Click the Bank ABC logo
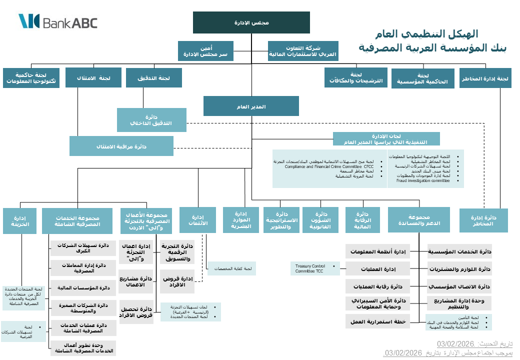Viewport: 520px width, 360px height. pos(58,22)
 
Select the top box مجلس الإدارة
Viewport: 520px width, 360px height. pos(251,22)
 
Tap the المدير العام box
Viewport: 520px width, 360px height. pos(251,106)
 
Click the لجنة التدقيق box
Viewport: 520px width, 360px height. pos(153,78)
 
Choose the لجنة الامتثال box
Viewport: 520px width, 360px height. pos(94,78)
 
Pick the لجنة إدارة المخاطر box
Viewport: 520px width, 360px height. pos(485,78)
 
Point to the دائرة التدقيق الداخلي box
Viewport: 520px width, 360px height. pos(151,120)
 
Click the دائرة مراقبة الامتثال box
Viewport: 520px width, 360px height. pos(121,146)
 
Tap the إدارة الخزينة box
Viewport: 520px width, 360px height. pos(19,221)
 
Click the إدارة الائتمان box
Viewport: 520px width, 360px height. pos(197,220)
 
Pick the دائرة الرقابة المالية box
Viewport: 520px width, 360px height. pos(362,220)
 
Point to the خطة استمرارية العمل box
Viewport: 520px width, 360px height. pos(377,320)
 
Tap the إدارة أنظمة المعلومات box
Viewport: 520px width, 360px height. pos(377,251)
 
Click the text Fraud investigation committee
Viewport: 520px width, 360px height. pos(423,180)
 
